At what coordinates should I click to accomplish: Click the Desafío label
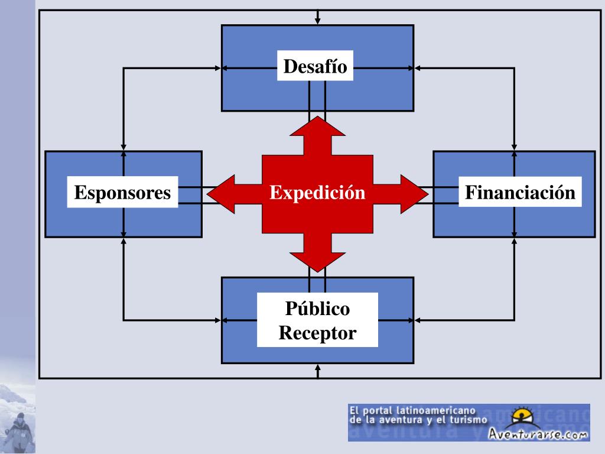(315, 66)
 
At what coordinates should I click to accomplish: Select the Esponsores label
(122, 193)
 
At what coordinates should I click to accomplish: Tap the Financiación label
(520, 193)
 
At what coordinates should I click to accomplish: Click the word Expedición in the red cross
(317, 193)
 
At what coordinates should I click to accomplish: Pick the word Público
(317, 309)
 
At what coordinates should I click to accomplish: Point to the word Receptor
(317, 333)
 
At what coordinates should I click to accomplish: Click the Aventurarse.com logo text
(538, 434)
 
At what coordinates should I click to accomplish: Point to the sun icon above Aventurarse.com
(522, 416)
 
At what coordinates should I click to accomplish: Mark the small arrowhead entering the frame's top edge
(318, 21)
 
